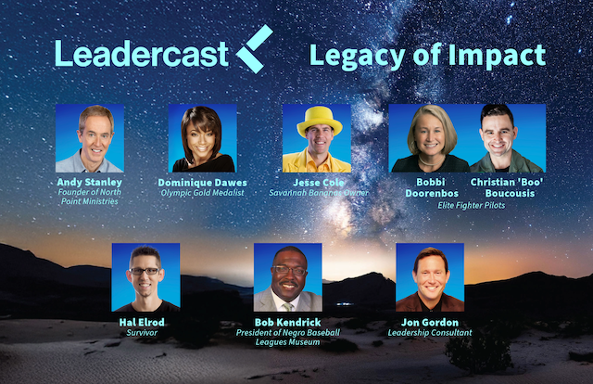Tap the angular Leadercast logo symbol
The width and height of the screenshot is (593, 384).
tap(257, 50)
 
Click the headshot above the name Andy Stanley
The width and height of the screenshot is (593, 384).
tap(90, 137)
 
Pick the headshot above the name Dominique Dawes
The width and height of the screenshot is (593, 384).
tap(202, 137)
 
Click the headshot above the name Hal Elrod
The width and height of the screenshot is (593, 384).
tap(145, 276)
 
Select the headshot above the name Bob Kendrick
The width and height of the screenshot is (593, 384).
tap(288, 276)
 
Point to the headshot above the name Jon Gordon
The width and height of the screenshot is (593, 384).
tap(430, 276)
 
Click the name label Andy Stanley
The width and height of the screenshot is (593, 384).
tap(90, 182)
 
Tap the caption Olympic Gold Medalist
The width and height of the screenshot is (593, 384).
tap(203, 193)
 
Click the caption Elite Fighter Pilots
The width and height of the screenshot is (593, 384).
tap(468, 206)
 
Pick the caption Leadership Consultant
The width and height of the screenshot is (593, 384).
tap(430, 332)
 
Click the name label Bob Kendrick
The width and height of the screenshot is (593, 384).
tap(288, 322)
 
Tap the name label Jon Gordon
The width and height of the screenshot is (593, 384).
tap(430, 322)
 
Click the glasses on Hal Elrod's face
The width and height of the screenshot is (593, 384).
tap(145, 271)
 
